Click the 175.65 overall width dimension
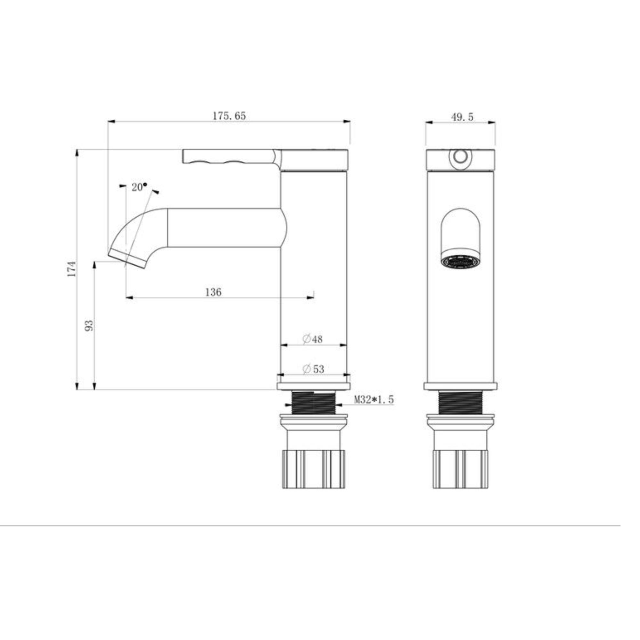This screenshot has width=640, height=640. pyautogui.click(x=229, y=116)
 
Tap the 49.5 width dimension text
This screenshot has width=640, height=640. pyautogui.click(x=462, y=116)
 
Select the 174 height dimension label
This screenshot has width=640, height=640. pyautogui.click(x=72, y=269)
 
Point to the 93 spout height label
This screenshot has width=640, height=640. pyautogui.click(x=89, y=325)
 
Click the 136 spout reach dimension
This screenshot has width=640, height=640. pyautogui.click(x=213, y=292)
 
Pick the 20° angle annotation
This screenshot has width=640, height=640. pyautogui.click(x=139, y=187)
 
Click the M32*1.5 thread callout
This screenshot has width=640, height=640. pyautogui.click(x=374, y=399)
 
